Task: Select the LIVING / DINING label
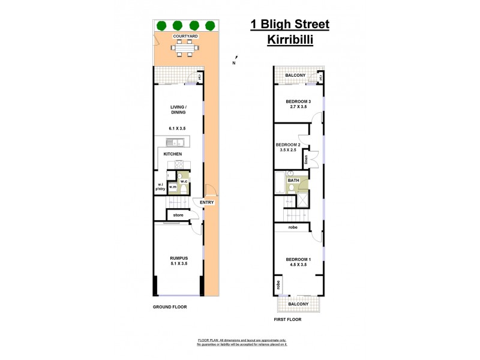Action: click(178, 110)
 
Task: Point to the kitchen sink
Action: click(173, 142)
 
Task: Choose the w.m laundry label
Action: click(173, 187)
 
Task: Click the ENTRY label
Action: click(206, 203)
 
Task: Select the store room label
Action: click(178, 214)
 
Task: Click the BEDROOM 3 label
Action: click(298, 101)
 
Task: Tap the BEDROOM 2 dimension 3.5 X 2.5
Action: click(287, 151)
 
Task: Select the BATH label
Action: click(293, 180)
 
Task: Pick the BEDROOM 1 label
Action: click(298, 259)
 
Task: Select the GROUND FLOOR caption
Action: click(170, 307)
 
